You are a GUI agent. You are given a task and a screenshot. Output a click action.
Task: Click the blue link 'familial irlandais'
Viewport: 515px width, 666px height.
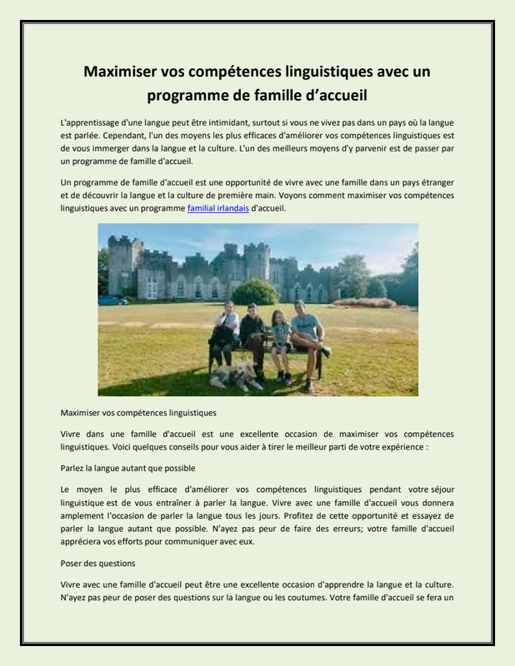pos(217,209)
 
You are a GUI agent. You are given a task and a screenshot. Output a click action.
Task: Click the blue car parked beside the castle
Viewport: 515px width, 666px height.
pos(112,300)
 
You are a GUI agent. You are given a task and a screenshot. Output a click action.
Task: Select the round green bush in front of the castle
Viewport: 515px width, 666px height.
pos(256,292)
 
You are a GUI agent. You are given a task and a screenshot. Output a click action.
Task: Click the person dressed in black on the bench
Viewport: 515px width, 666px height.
pos(252,337)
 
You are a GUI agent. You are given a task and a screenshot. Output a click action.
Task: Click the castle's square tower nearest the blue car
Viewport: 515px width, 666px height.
pos(122,265)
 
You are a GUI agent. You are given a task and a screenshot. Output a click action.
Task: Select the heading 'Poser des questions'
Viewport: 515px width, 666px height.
pos(98,564)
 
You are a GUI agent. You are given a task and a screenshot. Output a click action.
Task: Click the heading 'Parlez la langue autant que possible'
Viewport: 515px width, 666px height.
pos(127,468)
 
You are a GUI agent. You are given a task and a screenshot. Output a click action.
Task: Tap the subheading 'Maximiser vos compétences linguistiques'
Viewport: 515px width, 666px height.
pos(138,412)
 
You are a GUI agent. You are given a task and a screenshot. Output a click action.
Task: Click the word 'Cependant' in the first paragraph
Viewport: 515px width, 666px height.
pos(98,136)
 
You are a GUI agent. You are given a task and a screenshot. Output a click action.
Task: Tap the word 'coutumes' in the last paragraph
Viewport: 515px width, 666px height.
pos(287,598)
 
